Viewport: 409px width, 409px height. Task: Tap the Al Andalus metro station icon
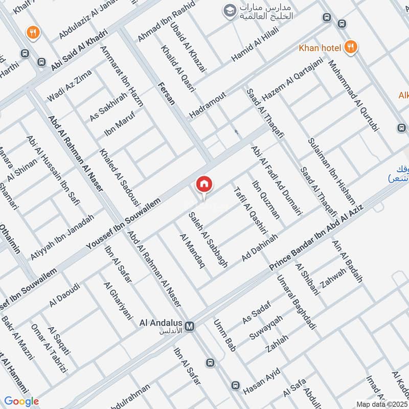(x=190, y=326)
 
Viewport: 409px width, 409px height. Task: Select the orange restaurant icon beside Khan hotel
(x=351, y=47)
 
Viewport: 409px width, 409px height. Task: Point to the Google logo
(x=21, y=401)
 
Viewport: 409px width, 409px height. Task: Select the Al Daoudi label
(x=65, y=296)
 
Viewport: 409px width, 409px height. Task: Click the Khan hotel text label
(x=320, y=48)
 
